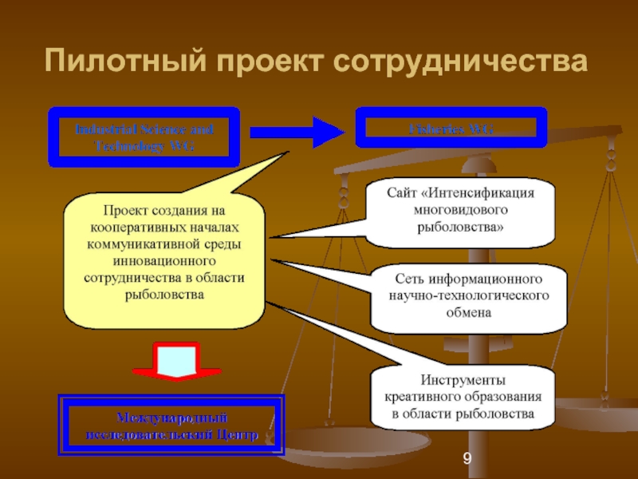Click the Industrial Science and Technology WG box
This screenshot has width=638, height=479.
[x=144, y=137]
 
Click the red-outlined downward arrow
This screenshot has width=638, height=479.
[x=177, y=363]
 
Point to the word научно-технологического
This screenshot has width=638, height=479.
[x=467, y=296]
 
